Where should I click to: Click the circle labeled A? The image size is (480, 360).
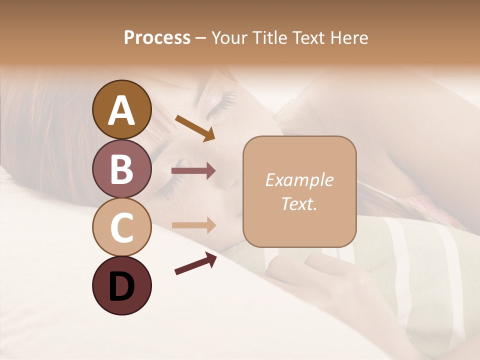(x=121, y=109)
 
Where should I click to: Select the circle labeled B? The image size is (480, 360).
(x=121, y=168)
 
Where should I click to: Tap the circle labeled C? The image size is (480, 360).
(x=121, y=227)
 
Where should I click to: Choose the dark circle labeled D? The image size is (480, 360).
(x=121, y=285)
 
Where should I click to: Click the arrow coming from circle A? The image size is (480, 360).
(x=195, y=127)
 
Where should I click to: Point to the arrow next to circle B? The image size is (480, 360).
(x=193, y=171)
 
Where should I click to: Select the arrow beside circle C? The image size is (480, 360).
(x=193, y=225)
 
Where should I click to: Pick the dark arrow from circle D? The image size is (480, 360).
(x=195, y=263)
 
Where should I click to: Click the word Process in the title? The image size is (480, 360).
(x=157, y=37)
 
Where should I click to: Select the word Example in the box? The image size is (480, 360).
(x=299, y=180)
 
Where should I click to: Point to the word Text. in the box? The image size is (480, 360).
(x=299, y=203)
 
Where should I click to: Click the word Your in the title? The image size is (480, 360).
(x=229, y=37)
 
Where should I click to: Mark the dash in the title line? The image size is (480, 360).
(x=200, y=38)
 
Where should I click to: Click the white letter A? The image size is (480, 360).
(x=121, y=110)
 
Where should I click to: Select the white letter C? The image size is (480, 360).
(x=121, y=227)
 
